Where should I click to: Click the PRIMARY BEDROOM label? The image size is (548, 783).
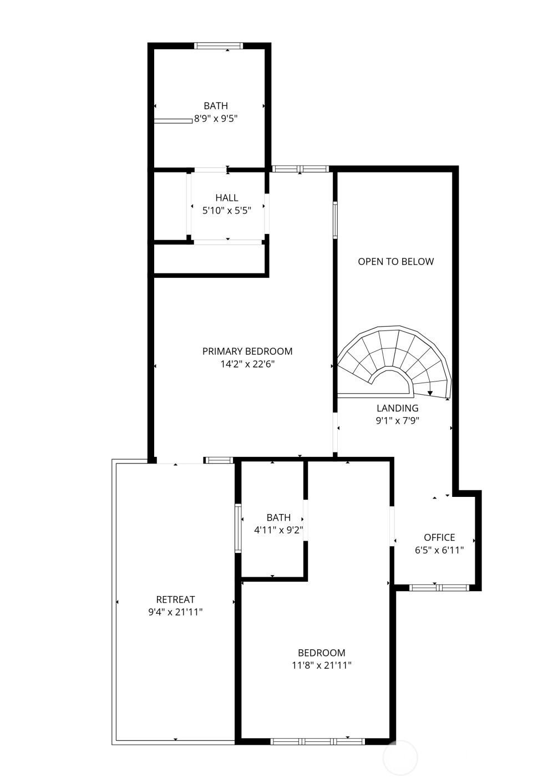(x=247, y=351)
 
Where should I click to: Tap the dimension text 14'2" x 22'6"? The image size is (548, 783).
(x=247, y=364)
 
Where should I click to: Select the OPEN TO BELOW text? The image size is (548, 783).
(x=396, y=262)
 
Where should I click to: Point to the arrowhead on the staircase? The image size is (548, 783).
(x=430, y=393)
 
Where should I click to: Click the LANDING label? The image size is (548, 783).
(x=398, y=408)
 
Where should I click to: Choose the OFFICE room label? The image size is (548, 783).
(x=439, y=537)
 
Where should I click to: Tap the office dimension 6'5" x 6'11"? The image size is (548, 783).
(x=439, y=550)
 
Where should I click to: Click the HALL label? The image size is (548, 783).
(x=227, y=198)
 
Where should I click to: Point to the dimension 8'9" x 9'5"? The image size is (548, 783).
(x=216, y=119)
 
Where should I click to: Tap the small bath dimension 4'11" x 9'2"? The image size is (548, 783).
(x=278, y=530)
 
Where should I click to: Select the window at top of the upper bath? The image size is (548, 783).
(x=219, y=45)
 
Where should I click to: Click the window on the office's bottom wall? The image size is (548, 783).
(x=439, y=588)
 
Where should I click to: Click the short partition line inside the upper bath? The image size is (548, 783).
(x=173, y=121)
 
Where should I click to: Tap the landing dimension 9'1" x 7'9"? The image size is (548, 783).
(x=398, y=420)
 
